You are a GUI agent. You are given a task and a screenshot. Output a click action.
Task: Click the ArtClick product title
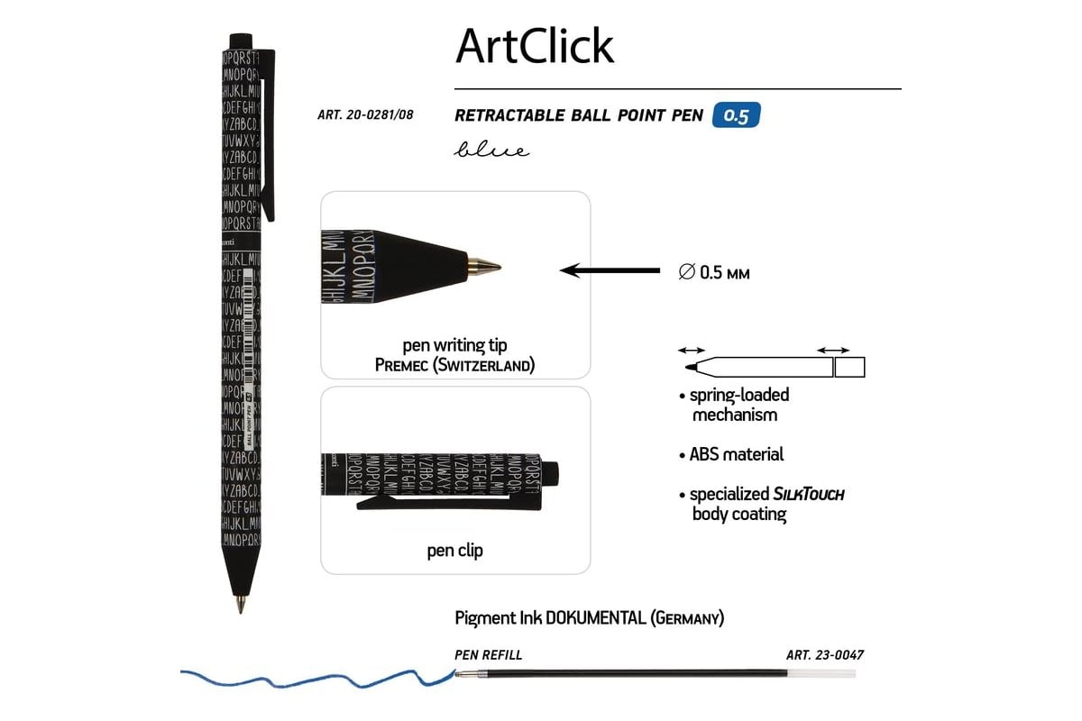535,45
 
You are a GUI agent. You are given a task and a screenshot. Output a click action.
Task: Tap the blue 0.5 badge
736,115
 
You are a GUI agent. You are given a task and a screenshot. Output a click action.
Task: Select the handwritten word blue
491,150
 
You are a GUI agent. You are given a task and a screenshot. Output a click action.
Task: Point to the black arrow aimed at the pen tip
610,269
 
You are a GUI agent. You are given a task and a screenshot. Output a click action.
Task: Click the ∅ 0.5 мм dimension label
714,271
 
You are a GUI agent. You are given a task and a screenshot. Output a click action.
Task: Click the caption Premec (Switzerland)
454,365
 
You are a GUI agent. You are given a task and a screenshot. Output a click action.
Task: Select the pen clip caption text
454,550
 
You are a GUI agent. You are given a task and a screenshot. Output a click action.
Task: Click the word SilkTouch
809,494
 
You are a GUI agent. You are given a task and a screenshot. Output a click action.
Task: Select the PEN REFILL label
489,655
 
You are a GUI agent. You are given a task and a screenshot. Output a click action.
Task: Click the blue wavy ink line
316,678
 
